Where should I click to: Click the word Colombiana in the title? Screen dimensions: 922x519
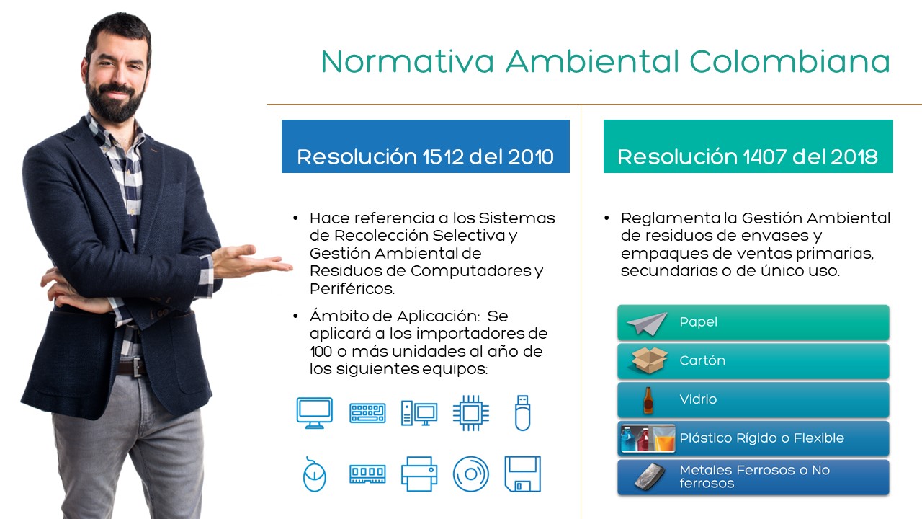tap(790, 62)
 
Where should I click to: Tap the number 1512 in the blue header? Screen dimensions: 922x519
tap(442, 157)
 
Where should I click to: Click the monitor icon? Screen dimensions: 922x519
tap(315, 413)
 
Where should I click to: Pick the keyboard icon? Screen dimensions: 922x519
tap(367, 413)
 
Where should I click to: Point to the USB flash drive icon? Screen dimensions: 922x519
tap(523, 413)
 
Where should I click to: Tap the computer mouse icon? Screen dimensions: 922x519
tap(315, 474)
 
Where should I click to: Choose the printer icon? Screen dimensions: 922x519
tap(419, 474)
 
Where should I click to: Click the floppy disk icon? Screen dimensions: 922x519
tap(523, 474)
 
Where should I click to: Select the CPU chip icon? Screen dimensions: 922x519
tap(471, 413)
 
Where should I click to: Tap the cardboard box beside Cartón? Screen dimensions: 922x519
tap(650, 360)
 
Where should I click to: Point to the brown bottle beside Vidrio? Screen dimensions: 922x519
tap(648, 400)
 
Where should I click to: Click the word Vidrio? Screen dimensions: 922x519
tap(698, 399)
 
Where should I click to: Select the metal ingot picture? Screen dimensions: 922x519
tap(650, 476)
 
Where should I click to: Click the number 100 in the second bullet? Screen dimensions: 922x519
tap(321, 352)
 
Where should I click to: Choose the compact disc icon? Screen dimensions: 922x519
tap(471, 474)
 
